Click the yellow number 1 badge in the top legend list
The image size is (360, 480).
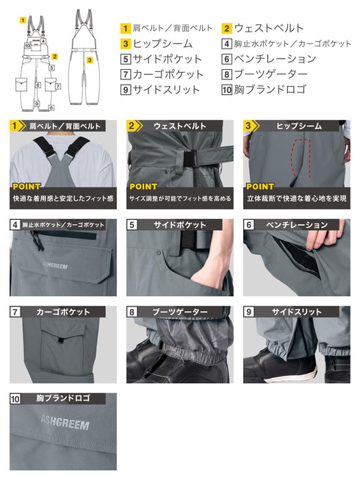coord(126,29)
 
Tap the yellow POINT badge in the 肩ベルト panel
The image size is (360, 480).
coord(26,187)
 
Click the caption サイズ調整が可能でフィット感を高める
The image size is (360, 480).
coord(180,198)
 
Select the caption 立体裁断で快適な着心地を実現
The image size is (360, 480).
coord(296,198)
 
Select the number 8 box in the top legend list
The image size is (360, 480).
coord(228,74)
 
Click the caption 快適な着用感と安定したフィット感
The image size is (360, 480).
coord(63,198)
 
